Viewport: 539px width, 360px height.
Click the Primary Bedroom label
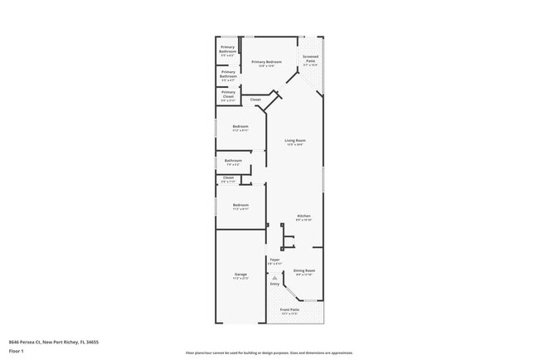pos(267,62)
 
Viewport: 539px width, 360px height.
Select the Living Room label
pos(295,141)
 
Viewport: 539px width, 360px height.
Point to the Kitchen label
pos(303,216)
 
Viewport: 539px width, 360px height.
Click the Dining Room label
pos(303,270)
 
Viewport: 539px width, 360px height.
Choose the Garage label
pos(240,274)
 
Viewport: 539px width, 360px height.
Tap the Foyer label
pos(274,260)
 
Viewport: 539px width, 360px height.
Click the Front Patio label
pos(289,310)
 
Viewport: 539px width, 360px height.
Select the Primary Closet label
pos(228,94)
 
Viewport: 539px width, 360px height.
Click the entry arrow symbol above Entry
pos(274,276)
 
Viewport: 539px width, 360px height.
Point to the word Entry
pos(274,284)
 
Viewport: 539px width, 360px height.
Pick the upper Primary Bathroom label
pos(228,49)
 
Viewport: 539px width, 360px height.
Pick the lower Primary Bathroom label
pos(228,73)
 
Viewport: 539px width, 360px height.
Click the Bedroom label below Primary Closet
pos(240,126)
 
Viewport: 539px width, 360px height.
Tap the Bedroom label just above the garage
pos(240,205)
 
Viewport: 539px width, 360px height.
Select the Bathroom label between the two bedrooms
pos(233,161)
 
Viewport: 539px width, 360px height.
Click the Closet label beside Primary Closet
pos(255,100)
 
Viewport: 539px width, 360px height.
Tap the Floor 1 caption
pos(17,351)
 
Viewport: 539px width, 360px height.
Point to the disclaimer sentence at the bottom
pos(269,353)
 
